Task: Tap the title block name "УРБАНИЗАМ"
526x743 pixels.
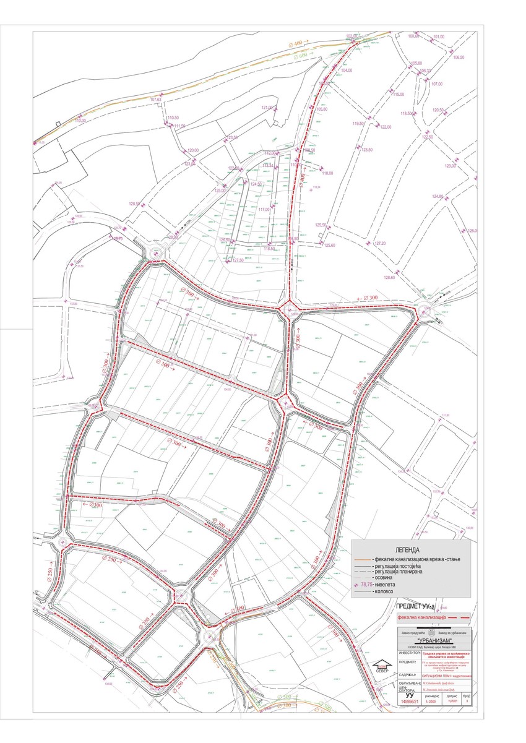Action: (x=437, y=640)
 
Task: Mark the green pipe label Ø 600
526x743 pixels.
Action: (x=301, y=56)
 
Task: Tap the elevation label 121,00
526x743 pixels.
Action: (x=267, y=108)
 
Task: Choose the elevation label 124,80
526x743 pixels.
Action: (x=438, y=197)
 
